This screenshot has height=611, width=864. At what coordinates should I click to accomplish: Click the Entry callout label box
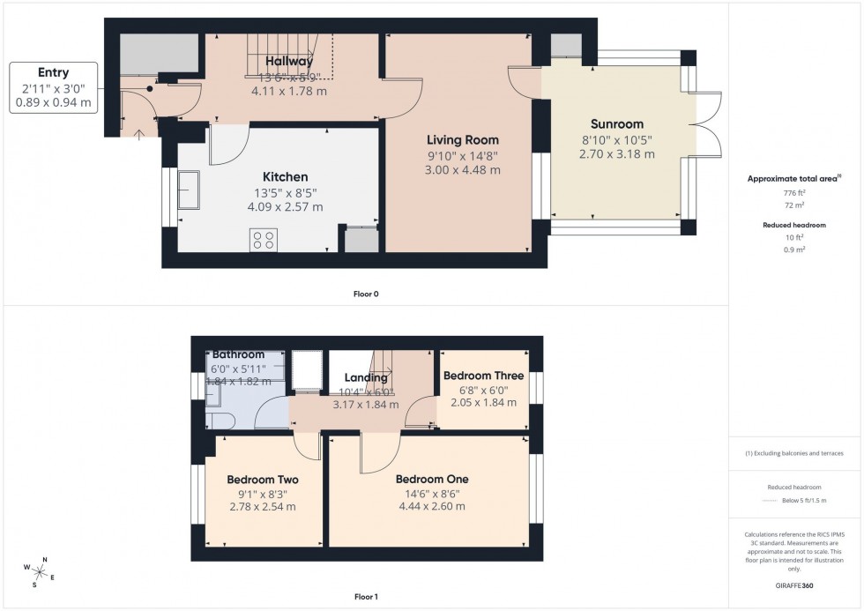click(54, 87)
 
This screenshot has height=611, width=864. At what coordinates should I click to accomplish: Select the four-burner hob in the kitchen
click(263, 240)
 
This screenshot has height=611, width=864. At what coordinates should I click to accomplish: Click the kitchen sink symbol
click(189, 190)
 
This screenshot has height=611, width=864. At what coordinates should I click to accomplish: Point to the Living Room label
click(463, 140)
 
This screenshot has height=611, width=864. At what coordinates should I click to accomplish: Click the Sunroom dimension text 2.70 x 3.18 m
click(616, 153)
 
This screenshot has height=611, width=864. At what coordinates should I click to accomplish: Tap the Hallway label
click(287, 61)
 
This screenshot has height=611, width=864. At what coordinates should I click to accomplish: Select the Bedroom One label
click(432, 480)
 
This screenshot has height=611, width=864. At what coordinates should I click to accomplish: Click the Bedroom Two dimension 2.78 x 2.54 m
click(262, 506)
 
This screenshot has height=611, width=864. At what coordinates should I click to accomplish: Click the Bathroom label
click(238, 354)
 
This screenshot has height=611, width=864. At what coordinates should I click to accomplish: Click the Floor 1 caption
click(365, 597)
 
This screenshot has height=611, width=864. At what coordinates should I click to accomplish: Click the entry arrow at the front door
click(139, 133)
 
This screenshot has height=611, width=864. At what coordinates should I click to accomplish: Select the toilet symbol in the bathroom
click(217, 419)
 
